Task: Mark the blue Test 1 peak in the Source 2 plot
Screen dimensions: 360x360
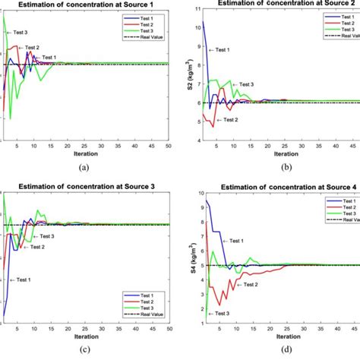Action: coord(203,22)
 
